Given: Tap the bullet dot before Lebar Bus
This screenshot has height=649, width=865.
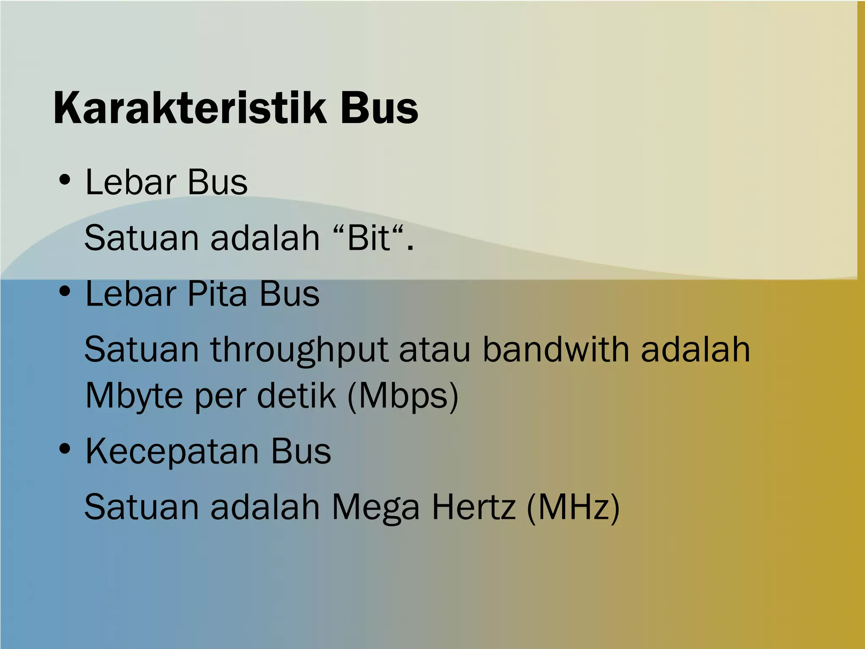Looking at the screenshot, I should (65, 180).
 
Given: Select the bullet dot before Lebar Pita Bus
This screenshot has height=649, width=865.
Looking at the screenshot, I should (65, 292).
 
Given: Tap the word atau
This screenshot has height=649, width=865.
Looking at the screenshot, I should (435, 350).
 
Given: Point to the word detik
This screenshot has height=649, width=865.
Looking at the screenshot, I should (296, 395).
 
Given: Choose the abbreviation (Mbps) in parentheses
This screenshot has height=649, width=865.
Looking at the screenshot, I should (403, 396).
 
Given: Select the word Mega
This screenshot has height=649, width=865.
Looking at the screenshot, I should (375, 507).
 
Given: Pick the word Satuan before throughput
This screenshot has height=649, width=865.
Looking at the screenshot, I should (141, 349).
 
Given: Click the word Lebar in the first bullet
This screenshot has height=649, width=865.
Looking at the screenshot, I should (131, 182).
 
